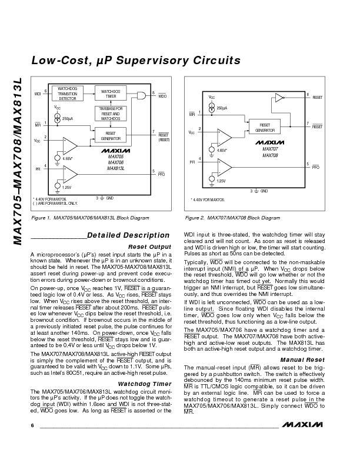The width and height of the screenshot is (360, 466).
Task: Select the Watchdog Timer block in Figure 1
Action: coord(111,94)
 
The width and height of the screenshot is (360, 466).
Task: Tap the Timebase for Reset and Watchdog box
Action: coord(111,114)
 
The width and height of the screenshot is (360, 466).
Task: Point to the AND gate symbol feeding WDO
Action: coord(141,95)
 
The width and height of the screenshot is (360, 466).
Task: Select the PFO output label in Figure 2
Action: coord(315,168)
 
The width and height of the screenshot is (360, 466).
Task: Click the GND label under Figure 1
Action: coord(109,198)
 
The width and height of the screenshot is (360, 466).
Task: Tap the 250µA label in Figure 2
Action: coord(221,108)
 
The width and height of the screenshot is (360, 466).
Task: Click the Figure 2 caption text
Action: coord(232,218)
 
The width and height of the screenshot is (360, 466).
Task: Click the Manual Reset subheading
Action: coord(302,359)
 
